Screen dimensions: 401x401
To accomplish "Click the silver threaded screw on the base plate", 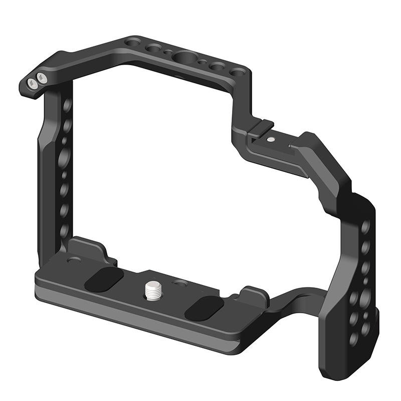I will click(152, 289).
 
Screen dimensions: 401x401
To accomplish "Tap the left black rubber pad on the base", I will click(104, 279).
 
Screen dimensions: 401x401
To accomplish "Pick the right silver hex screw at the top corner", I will click(41, 77).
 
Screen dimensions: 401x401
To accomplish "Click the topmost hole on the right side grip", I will click(365, 227).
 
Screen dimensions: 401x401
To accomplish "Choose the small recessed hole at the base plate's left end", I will click(74, 260).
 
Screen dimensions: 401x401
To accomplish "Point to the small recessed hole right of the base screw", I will click(176, 284).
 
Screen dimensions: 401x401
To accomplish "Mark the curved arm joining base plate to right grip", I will click(296, 303).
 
